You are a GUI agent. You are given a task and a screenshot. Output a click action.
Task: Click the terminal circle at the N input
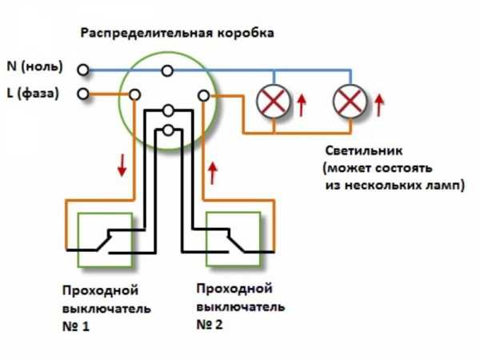[84, 70]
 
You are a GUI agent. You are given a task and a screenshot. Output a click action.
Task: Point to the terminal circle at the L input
[84, 95]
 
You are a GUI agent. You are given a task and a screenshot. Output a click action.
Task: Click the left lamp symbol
[272, 101]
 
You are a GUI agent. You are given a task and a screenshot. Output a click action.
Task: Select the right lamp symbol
[349, 101]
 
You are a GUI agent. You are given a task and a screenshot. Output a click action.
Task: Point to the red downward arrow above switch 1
[121, 166]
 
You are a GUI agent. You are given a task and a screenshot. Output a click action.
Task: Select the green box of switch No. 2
[234, 238]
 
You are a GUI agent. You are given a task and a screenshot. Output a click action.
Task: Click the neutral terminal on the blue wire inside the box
[166, 70]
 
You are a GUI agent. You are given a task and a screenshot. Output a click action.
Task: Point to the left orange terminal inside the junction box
[134, 95]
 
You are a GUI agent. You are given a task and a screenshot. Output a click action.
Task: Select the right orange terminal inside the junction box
[203, 96]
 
